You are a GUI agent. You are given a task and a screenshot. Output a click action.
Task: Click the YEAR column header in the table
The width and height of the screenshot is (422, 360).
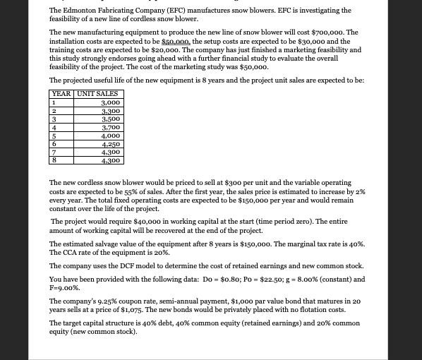(x=61, y=94)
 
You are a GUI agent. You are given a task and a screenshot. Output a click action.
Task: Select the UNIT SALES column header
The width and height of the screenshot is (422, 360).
(x=97, y=94)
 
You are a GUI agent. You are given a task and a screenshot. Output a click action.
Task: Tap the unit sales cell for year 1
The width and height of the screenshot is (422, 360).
(x=111, y=102)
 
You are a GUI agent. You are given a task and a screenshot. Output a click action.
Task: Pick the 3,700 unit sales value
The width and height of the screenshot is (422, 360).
(x=111, y=127)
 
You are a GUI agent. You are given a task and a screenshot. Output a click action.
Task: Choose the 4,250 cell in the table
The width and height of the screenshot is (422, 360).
(x=111, y=144)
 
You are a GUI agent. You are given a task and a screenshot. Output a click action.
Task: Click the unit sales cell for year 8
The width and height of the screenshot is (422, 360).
(x=111, y=160)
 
